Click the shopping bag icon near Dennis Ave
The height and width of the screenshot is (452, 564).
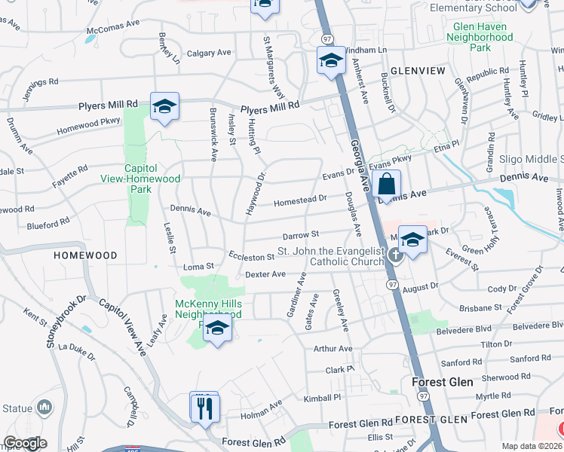386,185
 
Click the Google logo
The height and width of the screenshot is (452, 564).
25,443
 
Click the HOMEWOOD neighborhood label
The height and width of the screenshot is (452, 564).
85,255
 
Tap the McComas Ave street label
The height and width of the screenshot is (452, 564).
113,27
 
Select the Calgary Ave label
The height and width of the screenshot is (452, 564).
209,53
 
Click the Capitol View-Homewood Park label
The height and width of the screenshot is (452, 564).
141,173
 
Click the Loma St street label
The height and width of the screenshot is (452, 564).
199,267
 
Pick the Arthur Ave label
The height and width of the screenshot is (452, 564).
333,349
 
